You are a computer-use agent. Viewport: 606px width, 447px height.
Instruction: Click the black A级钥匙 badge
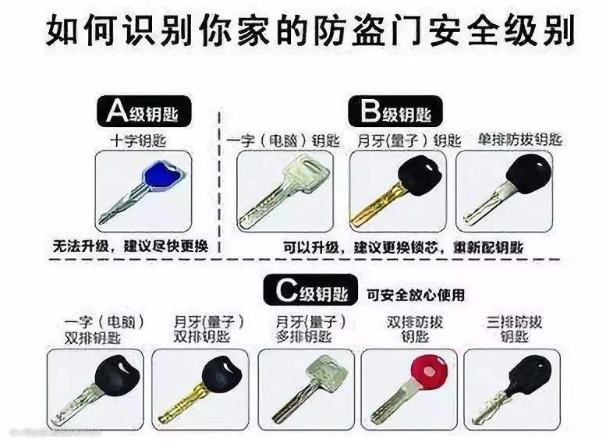pos(144,112)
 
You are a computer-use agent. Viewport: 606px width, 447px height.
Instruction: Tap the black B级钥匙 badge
pos(395,112)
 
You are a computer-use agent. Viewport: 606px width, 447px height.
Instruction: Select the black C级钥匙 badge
pos(310,290)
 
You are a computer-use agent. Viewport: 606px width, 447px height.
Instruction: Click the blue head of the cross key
pos(163,176)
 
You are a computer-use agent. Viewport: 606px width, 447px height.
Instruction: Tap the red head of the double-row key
pos(429,371)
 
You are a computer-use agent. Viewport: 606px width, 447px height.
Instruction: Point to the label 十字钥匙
pos(139,141)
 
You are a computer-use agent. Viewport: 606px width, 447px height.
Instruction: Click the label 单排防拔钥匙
pos(519,140)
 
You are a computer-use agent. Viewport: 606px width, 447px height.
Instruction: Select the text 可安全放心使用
pos(416,295)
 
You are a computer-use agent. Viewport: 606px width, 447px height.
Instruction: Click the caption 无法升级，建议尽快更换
pos(130,246)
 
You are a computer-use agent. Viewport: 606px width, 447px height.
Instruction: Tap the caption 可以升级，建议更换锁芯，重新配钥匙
pos(403,247)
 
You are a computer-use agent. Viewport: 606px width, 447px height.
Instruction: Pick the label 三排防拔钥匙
pos(514,329)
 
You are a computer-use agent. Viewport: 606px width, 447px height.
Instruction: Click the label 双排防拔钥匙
pos(415,329)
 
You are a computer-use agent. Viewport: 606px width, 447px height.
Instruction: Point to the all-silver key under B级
pos(285,191)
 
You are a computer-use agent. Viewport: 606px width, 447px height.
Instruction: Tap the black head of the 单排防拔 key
pos(529,175)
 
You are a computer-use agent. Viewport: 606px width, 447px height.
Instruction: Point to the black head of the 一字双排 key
pos(118,374)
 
